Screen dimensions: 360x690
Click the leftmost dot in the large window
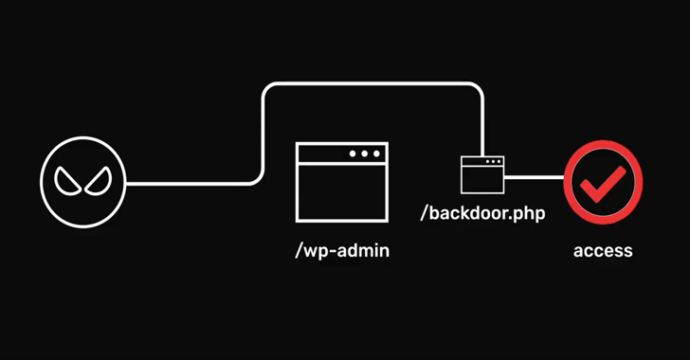(353, 153)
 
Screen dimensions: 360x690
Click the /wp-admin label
(341, 251)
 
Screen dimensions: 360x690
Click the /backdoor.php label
(483, 213)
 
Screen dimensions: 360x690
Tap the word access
(603, 251)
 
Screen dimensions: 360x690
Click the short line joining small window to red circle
(535, 176)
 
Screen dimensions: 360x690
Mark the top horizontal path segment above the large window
(370, 85)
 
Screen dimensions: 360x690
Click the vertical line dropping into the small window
(482, 128)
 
